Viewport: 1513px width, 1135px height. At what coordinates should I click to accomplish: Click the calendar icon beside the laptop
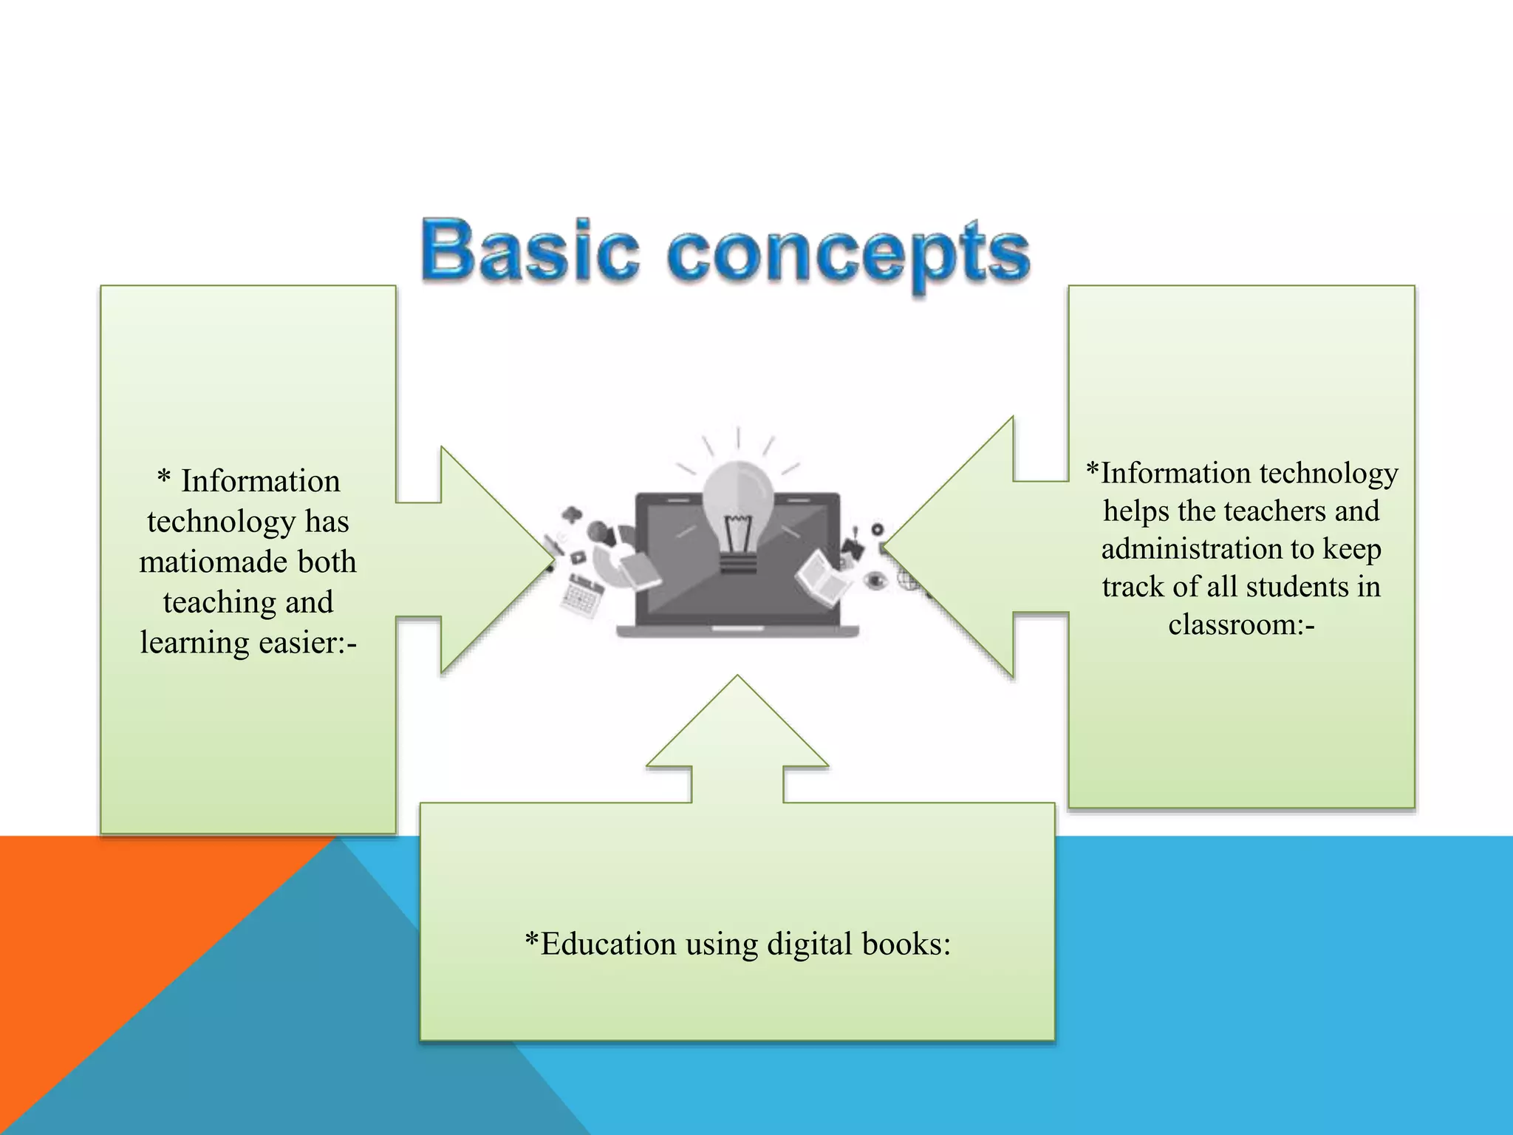pos(582,597)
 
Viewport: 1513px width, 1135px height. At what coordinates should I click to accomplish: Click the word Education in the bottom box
pos(607,944)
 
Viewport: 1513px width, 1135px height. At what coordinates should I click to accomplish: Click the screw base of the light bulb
pos(737,565)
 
